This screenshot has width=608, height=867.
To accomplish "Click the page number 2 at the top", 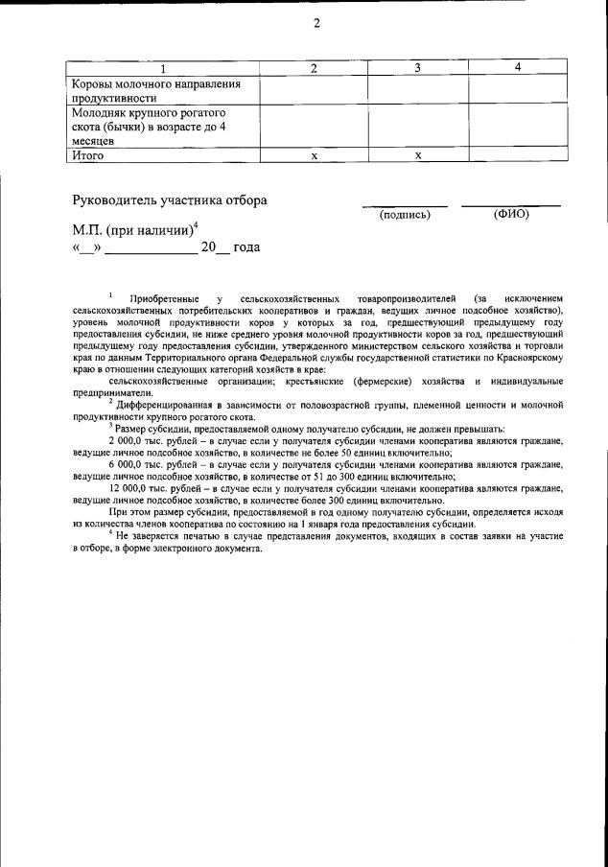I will (x=316, y=24).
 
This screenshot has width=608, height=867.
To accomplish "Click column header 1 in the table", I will (x=162, y=68).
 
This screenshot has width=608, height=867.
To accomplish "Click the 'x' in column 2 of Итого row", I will (x=314, y=154).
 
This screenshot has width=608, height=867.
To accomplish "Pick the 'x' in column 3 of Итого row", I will (x=417, y=154).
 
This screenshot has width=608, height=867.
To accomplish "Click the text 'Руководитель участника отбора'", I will (x=170, y=200).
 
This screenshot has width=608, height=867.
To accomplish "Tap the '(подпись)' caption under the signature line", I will (x=406, y=214).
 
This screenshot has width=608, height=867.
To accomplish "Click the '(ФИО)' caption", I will (x=511, y=214).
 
